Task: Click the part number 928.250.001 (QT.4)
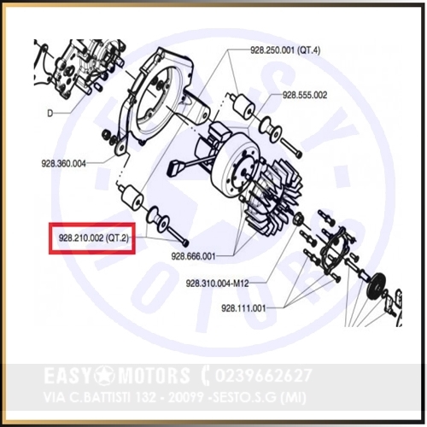[x=285, y=50]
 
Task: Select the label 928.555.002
[x=305, y=95]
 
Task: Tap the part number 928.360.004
[x=63, y=164]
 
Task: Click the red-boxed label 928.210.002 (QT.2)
[x=94, y=238]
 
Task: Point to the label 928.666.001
[x=193, y=256]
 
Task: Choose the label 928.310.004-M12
[x=218, y=284]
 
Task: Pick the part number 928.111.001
[x=243, y=308]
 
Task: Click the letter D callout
[x=50, y=114]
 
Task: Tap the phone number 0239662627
[x=263, y=376]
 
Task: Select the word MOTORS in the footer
[x=153, y=375]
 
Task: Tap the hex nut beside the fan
[x=299, y=219]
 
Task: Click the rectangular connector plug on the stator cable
[x=176, y=168]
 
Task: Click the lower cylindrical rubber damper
[x=133, y=196]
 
